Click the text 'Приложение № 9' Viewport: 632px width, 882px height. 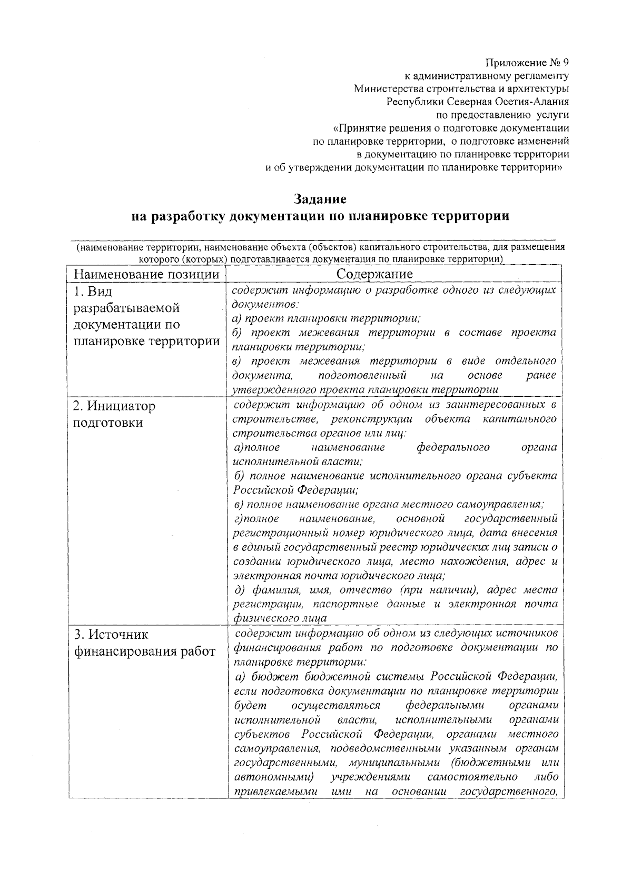coord(527,63)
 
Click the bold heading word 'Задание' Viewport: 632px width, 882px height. coord(320,199)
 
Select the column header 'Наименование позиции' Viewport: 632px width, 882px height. coord(146,275)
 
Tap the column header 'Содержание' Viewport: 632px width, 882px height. coord(374,275)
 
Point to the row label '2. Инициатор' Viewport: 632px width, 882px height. coord(114,406)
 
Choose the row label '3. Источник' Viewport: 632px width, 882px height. coord(111,635)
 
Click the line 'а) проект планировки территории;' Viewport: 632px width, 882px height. coord(325,319)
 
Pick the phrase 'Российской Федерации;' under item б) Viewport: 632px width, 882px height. coord(295,490)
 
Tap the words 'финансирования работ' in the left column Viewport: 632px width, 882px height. coord(144,652)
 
